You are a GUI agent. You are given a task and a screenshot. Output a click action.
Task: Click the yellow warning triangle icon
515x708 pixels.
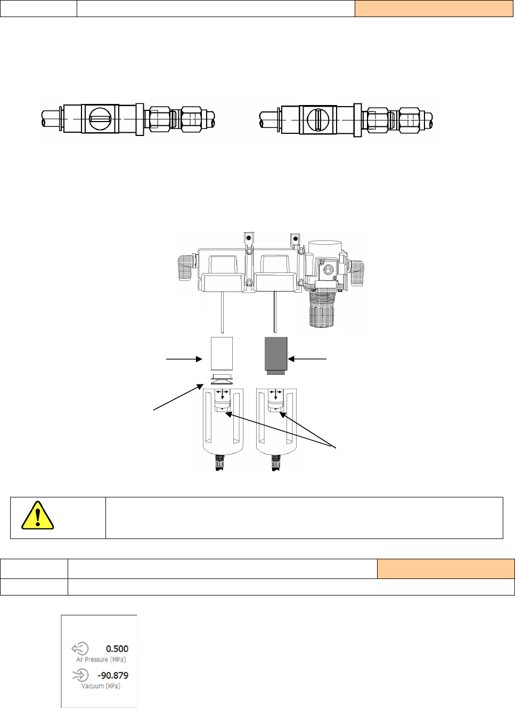click(37, 516)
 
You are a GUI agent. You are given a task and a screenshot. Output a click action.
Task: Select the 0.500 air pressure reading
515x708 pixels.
click(117, 649)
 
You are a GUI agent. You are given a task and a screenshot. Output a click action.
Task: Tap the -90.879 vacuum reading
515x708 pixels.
click(113, 675)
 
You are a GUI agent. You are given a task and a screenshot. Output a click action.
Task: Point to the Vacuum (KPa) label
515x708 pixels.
click(101, 686)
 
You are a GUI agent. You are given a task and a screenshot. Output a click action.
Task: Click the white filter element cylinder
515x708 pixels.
click(222, 353)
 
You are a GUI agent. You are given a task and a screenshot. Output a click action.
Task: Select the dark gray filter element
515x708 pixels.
click(276, 355)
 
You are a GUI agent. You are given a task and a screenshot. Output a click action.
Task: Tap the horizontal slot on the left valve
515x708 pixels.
click(100, 118)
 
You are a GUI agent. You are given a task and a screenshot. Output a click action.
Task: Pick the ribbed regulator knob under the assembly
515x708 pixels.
click(322, 309)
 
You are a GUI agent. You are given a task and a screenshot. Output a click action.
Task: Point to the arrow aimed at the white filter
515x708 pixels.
click(184, 359)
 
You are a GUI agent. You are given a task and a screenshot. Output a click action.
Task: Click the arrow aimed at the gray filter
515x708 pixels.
click(308, 359)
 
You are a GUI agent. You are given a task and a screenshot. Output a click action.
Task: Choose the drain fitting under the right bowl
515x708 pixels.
click(275, 462)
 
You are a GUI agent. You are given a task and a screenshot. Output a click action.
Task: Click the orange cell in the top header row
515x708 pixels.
click(434, 9)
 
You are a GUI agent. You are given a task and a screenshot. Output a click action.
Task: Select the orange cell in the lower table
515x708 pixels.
click(445, 569)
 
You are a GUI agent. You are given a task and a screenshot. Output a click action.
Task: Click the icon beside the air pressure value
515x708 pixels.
click(80, 648)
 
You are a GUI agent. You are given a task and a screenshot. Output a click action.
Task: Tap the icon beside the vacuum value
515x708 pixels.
click(80, 675)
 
